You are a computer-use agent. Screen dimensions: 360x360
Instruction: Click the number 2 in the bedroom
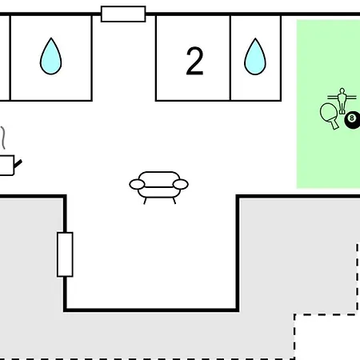coord(194,61)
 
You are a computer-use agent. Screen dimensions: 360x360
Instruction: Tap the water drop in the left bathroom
coord(50,56)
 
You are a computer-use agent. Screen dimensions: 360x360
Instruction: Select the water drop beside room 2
coord(255,57)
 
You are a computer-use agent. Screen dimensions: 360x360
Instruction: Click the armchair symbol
coord(159,187)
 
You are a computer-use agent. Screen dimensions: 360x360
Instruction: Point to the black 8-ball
coord(353,120)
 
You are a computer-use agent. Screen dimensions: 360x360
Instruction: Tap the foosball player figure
coord(342,101)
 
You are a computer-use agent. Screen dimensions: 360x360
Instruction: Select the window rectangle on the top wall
coord(123,14)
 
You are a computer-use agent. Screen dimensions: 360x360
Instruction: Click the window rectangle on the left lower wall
coord(65,254)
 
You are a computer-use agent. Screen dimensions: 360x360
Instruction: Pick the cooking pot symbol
coord(8,165)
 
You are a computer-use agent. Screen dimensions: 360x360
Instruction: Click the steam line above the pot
coord(3,138)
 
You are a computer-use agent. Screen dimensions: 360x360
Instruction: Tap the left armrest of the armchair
coord(137,184)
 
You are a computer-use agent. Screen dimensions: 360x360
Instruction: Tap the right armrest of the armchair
coord(181,184)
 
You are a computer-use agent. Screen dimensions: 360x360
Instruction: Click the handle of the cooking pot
coord(18,164)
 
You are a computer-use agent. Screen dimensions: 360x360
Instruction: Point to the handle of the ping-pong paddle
coord(334,124)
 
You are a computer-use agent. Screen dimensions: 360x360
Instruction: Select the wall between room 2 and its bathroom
coord(230,58)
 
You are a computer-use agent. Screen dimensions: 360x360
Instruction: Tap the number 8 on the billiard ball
coord(352,118)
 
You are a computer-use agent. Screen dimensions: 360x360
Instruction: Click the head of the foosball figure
coord(342,90)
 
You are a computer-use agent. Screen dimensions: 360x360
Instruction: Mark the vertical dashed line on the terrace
coord(358,278)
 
